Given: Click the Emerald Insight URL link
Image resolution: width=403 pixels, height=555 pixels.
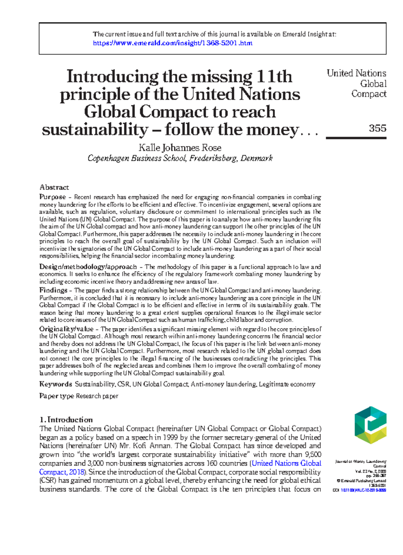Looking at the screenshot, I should [x=172, y=43].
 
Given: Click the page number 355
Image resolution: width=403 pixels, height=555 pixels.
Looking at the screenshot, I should [x=377, y=128].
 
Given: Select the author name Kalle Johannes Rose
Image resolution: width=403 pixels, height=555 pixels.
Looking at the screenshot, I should [x=180, y=148].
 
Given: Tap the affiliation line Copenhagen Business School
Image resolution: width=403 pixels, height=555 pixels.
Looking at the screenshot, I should [x=180, y=158].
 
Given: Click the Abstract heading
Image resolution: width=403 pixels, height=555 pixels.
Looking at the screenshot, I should [x=54, y=187].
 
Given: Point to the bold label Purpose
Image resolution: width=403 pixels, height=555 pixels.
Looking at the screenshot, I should [x=52, y=197].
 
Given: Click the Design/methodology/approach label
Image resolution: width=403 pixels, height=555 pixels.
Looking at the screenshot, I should [x=88, y=267].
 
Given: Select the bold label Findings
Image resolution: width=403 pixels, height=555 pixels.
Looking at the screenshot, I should [x=53, y=290].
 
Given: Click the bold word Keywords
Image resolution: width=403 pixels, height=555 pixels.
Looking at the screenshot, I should [x=55, y=384].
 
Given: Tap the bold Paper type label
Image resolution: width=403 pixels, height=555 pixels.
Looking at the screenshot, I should [x=56, y=396].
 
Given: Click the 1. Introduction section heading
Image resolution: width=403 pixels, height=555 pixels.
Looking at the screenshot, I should [x=66, y=420].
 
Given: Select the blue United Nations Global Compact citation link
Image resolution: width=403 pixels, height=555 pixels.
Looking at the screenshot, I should [x=286, y=463].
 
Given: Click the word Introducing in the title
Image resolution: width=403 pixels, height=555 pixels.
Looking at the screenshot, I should [x=112, y=76].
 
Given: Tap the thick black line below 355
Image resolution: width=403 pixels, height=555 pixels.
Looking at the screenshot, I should [x=356, y=138].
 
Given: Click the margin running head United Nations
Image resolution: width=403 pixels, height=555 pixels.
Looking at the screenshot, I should [x=356, y=73].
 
